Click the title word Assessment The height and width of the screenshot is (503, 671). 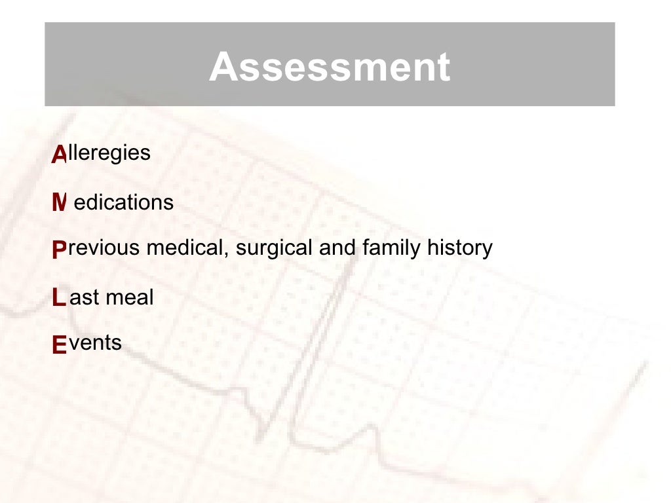tap(330, 67)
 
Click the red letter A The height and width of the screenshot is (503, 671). tap(59, 155)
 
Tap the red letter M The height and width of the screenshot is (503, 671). tap(59, 203)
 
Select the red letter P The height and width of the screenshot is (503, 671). tap(59, 250)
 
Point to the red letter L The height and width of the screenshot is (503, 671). tap(59, 298)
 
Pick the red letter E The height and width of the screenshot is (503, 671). tap(59, 345)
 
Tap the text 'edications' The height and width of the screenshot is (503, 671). tap(124, 202)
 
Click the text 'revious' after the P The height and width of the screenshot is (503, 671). tap(104, 248)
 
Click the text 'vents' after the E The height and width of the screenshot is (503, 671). tap(95, 343)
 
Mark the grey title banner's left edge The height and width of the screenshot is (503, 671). tap(46, 64)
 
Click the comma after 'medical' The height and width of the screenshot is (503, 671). tap(226, 255)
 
